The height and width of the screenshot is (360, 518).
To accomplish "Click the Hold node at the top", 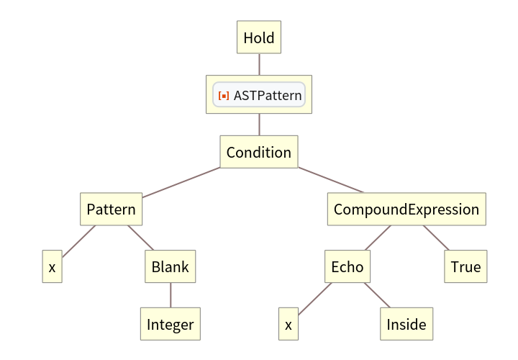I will click(259, 37).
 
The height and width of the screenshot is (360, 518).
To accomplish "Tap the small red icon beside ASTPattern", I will click(224, 95).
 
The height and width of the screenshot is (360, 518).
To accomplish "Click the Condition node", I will click(259, 153).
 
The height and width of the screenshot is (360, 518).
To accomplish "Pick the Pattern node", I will click(111, 210).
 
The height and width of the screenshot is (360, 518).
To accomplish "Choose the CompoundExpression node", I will click(406, 210).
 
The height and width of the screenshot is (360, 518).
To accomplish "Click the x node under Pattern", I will click(52, 267).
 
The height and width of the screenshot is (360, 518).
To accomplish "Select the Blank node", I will click(171, 267).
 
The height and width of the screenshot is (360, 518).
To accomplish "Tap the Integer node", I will click(171, 324).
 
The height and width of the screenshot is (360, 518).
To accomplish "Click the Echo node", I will click(347, 267).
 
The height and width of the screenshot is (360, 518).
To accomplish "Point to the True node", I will click(465, 267).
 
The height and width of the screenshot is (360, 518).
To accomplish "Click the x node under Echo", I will click(288, 324).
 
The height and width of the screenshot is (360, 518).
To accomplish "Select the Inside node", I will click(406, 324).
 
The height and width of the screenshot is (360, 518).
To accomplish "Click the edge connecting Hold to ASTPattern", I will click(259, 65).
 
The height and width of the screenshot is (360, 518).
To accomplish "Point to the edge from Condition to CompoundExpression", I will click(331, 181).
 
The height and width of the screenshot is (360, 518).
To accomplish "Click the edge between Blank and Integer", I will click(171, 296).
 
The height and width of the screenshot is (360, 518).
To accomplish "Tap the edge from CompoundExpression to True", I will click(436, 238).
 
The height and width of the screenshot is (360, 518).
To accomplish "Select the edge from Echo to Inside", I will click(377, 296).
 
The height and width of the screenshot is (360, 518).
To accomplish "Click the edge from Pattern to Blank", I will click(141, 238).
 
